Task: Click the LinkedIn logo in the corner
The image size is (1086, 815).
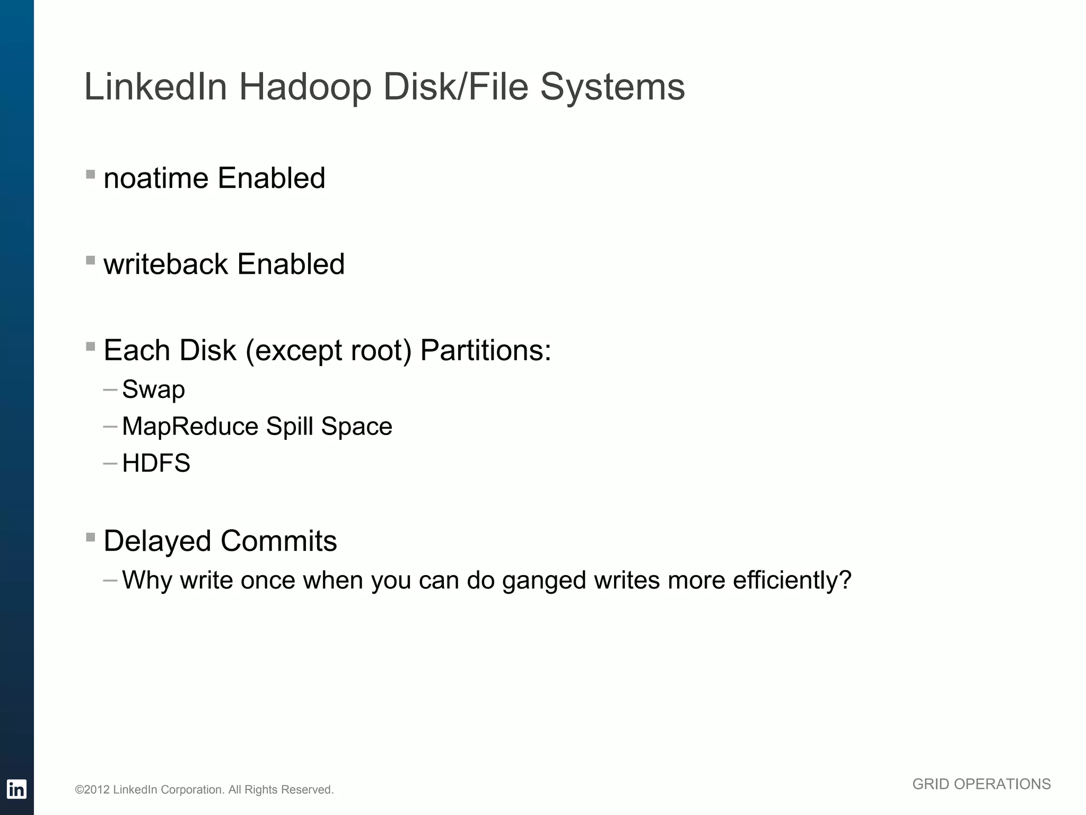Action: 16,789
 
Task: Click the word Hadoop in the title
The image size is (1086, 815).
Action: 305,87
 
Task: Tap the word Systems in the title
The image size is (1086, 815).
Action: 612,87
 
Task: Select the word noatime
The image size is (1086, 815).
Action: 156,178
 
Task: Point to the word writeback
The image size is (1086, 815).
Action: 165,264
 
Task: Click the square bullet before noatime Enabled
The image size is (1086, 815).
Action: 91,174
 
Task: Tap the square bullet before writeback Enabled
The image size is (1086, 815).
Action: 91,260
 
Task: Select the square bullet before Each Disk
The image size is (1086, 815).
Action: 91,346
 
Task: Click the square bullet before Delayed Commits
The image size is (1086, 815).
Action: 91,537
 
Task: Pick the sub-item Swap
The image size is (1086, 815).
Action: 153,390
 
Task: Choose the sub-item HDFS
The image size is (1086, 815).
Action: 156,463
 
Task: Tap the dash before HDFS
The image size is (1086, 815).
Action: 110,463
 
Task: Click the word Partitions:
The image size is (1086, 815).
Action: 486,351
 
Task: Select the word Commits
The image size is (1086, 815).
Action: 278,541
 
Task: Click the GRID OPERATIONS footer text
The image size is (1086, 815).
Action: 981,784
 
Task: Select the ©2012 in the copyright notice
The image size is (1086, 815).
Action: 92,790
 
